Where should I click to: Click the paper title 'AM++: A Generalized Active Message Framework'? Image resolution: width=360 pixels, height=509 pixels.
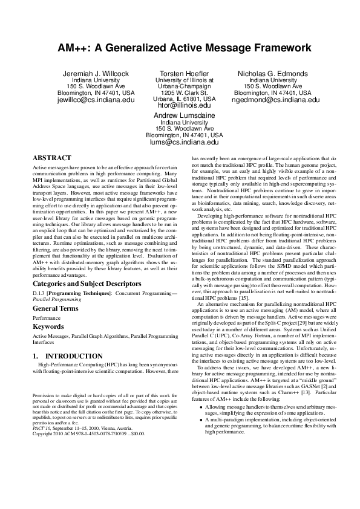(x=180, y=47)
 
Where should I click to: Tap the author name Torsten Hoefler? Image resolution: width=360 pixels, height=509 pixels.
(x=184, y=74)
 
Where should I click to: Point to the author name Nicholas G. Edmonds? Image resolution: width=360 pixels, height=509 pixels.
(x=272, y=74)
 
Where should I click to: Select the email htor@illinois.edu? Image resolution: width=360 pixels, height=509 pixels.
(x=184, y=105)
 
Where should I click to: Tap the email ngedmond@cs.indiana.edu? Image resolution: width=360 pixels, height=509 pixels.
(x=272, y=101)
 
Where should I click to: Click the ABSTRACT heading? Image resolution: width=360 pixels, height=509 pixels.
(x=51, y=157)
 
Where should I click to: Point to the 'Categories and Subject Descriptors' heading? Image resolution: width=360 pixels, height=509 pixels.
(x=87, y=283)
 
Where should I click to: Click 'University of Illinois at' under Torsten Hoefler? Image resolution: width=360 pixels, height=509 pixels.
(x=184, y=80)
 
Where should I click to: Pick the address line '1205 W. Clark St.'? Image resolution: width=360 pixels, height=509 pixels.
(x=184, y=92)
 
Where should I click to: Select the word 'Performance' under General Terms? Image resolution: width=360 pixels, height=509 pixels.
(x=46, y=317)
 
